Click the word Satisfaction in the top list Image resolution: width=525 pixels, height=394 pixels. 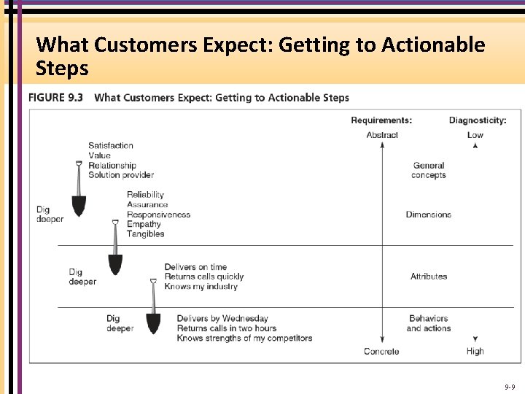click(x=111, y=145)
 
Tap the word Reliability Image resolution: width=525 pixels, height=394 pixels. click(x=145, y=195)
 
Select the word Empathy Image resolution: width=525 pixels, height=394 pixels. click(x=144, y=224)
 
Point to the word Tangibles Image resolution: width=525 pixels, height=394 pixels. click(x=146, y=234)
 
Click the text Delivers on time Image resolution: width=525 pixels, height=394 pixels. click(x=195, y=267)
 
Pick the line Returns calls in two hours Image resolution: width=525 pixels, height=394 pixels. click(x=227, y=328)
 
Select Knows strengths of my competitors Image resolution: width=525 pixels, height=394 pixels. click(x=244, y=339)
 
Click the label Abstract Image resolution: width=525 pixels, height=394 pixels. click(x=382, y=135)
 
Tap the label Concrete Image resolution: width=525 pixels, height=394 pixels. click(x=382, y=352)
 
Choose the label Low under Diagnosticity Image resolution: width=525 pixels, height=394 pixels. click(x=475, y=135)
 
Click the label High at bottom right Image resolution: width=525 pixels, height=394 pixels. click(x=475, y=352)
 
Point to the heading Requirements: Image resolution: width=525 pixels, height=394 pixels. click(x=381, y=120)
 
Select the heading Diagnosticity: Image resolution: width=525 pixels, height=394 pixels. click(x=478, y=120)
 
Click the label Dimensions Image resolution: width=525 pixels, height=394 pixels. click(x=429, y=215)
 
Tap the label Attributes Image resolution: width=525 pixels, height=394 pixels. click(x=429, y=277)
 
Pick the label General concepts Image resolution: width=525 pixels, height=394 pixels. click(x=429, y=171)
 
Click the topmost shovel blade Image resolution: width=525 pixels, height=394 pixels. click(x=79, y=205)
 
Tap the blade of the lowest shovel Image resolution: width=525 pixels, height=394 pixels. click(x=153, y=322)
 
